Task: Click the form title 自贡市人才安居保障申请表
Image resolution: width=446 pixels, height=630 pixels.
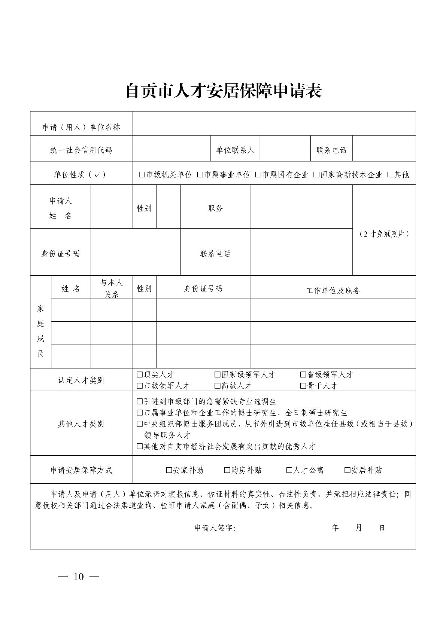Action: click(223, 91)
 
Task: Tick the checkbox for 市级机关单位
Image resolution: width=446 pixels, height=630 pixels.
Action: click(142, 175)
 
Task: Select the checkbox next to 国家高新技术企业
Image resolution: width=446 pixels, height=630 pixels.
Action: click(316, 175)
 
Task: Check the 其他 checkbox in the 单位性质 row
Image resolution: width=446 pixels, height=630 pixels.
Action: click(390, 175)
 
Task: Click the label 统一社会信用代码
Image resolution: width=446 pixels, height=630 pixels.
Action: click(81, 150)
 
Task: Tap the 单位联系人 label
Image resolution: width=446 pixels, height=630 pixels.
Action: click(235, 150)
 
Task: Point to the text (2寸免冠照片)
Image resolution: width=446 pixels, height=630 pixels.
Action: click(384, 234)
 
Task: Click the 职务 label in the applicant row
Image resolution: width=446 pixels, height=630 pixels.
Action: click(215, 208)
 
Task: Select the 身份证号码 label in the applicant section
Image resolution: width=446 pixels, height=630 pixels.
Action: click(60, 254)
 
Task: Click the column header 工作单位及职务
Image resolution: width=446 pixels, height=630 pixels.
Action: click(333, 291)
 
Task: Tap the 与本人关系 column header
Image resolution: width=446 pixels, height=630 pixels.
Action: click(111, 288)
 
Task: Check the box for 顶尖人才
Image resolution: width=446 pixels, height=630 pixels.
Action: click(140, 375)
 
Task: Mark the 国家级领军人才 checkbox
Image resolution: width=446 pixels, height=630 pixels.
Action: click(217, 375)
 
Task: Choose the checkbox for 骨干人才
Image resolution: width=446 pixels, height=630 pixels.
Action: click(303, 386)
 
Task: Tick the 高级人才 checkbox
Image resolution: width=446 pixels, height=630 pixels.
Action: click(217, 386)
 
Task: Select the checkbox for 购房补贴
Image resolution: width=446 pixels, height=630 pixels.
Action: click(227, 470)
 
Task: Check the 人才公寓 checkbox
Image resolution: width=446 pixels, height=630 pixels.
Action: click(289, 470)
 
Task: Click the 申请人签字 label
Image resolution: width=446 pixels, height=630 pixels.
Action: click(215, 528)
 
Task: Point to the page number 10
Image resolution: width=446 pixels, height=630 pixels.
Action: click(79, 577)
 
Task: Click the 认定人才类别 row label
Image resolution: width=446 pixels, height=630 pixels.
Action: click(81, 380)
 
